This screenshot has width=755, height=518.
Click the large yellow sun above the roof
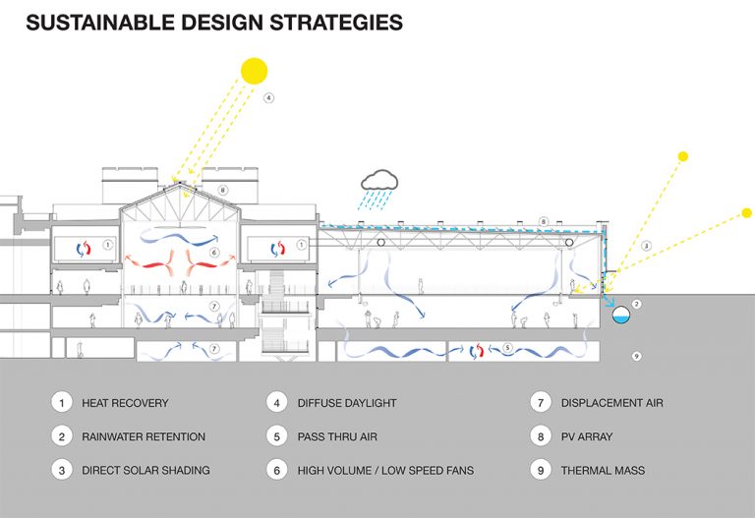[x=254, y=71]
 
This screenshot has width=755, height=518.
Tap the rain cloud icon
[x=379, y=180]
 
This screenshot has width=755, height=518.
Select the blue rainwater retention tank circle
[x=620, y=315]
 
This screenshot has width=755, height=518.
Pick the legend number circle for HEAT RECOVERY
[x=62, y=402]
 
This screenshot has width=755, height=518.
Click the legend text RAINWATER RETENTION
[x=144, y=436]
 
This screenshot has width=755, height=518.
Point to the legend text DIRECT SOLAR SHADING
[x=145, y=471]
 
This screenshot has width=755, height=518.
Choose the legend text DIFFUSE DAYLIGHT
[x=347, y=403]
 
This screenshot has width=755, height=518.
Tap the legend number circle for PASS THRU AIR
[x=277, y=436]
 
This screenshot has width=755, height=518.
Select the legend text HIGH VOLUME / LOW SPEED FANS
[x=385, y=471]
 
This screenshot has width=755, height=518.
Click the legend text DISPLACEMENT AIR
[x=612, y=403]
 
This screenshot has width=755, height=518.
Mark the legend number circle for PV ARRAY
[x=541, y=436]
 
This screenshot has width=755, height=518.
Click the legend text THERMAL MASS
[x=603, y=471]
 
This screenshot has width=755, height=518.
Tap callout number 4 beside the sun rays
[x=268, y=97]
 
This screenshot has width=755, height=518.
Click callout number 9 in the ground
[x=637, y=356]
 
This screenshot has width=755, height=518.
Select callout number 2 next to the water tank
[x=637, y=305]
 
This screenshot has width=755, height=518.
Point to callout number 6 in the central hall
[x=214, y=253]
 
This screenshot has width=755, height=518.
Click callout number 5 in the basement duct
[x=507, y=348]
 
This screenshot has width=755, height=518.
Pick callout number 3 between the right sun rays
[x=646, y=246]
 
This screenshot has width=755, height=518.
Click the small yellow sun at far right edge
[x=746, y=212]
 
